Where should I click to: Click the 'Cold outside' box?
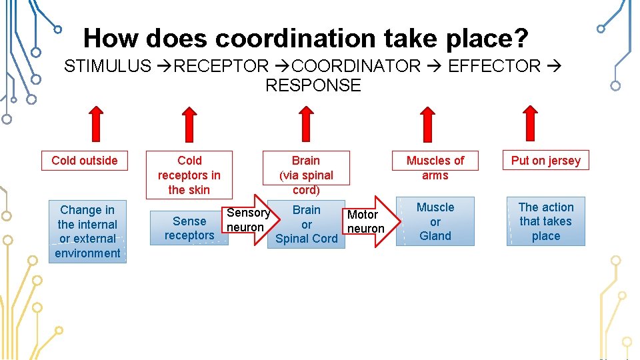click(84, 161)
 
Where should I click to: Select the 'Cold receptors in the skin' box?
click(189, 175)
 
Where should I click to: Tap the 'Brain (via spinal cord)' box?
click(306, 175)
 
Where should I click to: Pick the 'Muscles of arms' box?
click(435, 168)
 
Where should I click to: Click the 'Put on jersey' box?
click(545, 161)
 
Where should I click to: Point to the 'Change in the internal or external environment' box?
click(87, 231)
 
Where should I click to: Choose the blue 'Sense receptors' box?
click(189, 228)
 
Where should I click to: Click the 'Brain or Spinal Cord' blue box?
click(307, 225)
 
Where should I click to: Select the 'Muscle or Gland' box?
click(435, 222)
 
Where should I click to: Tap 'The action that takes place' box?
click(545, 222)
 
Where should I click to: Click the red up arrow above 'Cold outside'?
click(96, 124)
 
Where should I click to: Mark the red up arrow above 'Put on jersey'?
click(531, 124)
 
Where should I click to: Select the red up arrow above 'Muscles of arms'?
click(427, 124)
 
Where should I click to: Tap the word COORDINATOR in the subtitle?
click(357, 66)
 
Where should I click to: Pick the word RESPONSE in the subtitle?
click(313, 85)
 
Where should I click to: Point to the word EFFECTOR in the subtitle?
click(494, 66)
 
